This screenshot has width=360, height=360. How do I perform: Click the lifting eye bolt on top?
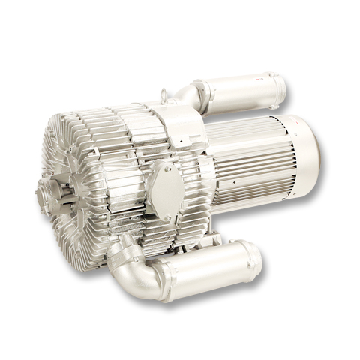pyautogui.click(x=164, y=94)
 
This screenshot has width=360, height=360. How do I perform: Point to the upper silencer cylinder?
pyautogui.click(x=244, y=92)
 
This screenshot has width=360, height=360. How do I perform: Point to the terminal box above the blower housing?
pyautogui.click(x=180, y=124)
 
